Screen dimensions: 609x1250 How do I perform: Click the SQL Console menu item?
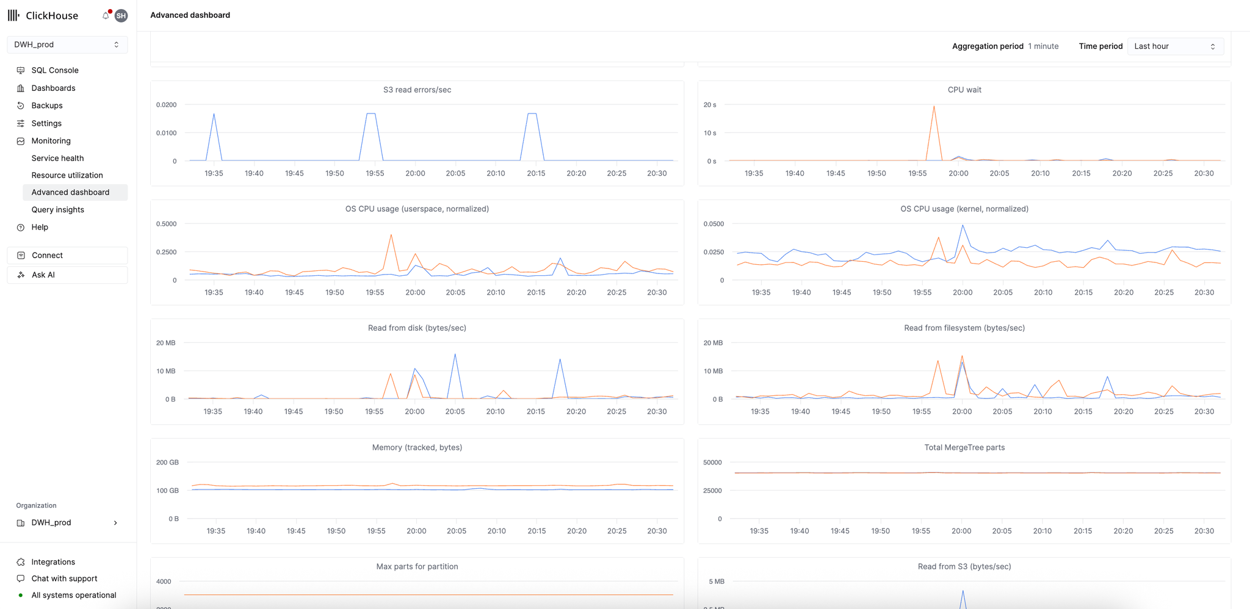(x=55, y=70)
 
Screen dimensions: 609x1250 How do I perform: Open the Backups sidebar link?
(x=47, y=106)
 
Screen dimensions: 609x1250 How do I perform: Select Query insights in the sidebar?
(x=58, y=209)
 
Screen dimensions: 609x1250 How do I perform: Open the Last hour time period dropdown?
(x=1174, y=46)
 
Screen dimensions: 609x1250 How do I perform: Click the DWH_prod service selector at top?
(x=67, y=45)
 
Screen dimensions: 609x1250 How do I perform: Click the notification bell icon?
(x=106, y=15)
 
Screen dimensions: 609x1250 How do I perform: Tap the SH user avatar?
(x=121, y=16)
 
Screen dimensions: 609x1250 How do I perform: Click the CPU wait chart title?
(x=964, y=90)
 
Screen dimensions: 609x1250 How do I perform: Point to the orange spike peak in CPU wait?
(x=934, y=107)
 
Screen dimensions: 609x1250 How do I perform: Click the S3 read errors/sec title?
(x=417, y=90)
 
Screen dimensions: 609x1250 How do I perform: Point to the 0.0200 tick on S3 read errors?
(x=166, y=105)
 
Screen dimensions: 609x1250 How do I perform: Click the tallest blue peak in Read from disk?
(x=455, y=355)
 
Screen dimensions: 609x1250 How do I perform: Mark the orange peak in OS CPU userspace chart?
(x=391, y=235)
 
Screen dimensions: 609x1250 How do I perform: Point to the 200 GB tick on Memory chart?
(x=167, y=463)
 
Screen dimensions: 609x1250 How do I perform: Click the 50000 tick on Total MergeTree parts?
(x=712, y=463)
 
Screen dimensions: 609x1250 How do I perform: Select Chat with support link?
(x=64, y=578)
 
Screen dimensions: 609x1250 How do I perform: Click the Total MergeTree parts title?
(x=964, y=447)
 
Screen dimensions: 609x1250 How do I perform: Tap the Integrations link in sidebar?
(x=53, y=562)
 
